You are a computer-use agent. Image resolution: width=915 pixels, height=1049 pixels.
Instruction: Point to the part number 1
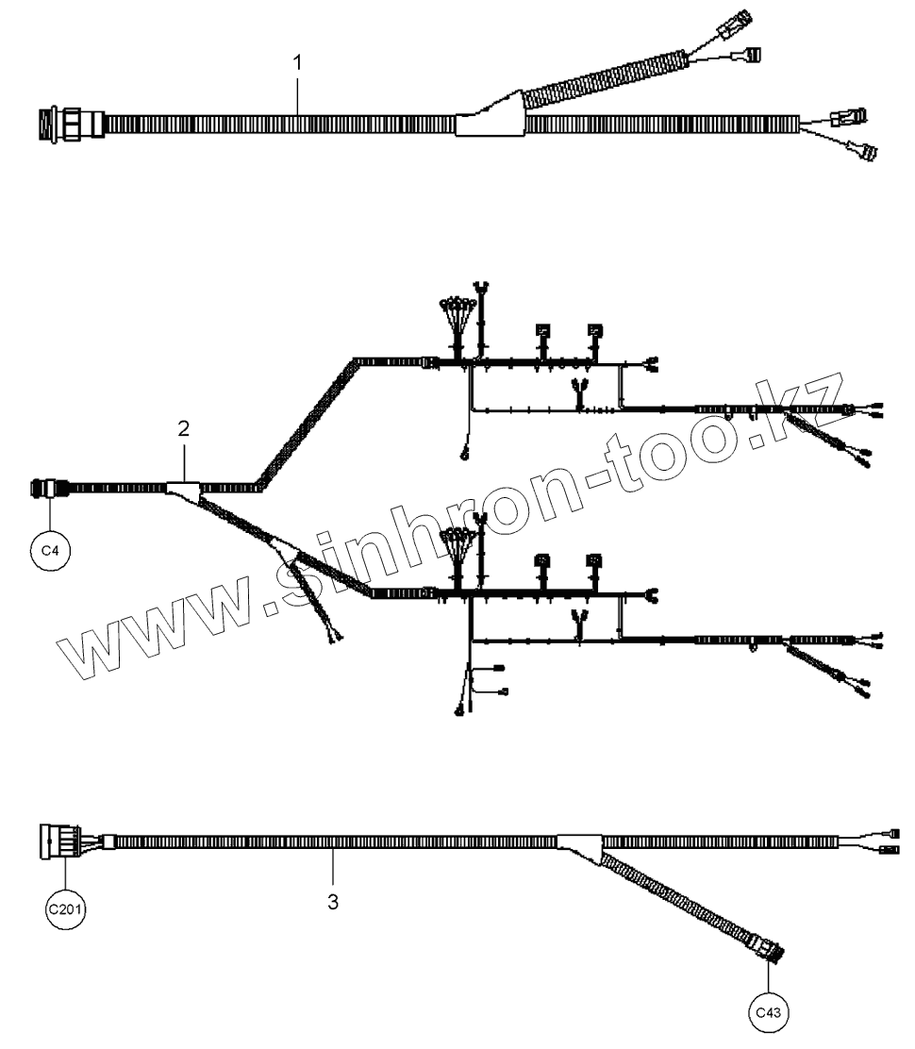pyautogui.click(x=298, y=63)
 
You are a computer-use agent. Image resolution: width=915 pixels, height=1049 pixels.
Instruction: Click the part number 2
pyautogui.click(x=184, y=428)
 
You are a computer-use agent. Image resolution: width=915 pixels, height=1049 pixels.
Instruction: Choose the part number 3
pyautogui.click(x=332, y=902)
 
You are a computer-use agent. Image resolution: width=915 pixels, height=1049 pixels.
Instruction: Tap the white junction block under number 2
pyautogui.click(x=182, y=489)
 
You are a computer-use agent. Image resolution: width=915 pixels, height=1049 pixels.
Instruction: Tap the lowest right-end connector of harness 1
pyautogui.click(x=863, y=150)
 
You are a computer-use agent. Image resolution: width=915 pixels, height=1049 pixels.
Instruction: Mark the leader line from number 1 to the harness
pyautogui.click(x=299, y=94)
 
